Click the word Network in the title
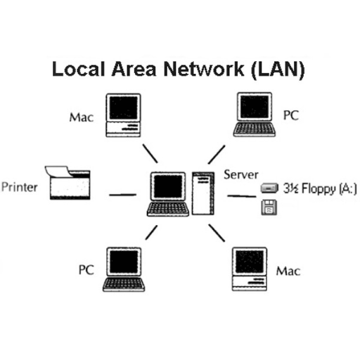click(x=204, y=69)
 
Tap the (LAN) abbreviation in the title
click(x=278, y=70)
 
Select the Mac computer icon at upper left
click(x=123, y=115)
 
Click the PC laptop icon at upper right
click(x=255, y=115)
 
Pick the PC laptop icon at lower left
click(x=124, y=269)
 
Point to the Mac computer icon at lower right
click(x=250, y=269)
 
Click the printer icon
click(x=67, y=183)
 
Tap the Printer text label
click(x=20, y=187)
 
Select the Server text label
click(x=241, y=175)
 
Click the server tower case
click(x=203, y=193)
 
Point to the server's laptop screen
click(x=168, y=187)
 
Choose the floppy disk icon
click(x=269, y=207)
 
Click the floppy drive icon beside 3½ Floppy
click(x=270, y=188)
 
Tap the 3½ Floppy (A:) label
click(x=320, y=188)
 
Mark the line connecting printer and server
click(x=123, y=195)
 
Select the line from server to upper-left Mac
click(x=150, y=153)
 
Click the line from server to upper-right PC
click(x=217, y=155)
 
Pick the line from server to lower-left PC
click(x=151, y=233)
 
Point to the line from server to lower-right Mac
click(x=217, y=233)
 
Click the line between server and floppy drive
click(x=242, y=196)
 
